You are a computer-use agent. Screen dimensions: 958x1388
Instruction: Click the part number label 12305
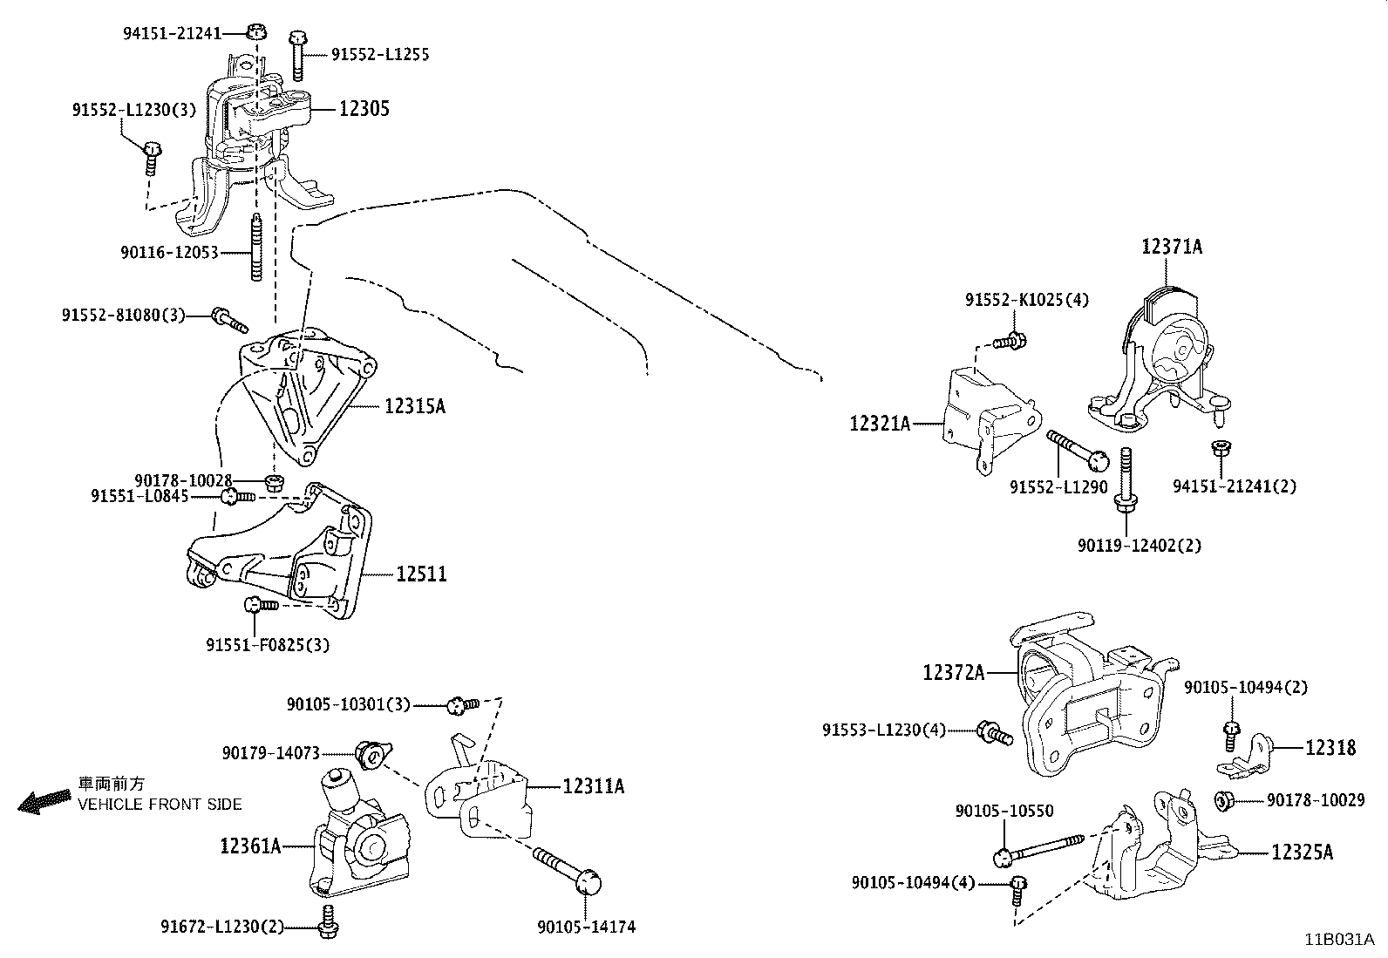point(364,109)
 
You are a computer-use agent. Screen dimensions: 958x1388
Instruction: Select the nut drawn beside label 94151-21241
point(255,32)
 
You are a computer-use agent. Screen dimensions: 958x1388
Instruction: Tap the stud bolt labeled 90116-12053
point(256,248)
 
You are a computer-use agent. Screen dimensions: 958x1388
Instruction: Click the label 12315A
point(414,405)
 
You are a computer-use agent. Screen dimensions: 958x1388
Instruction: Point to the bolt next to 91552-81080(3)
point(229,320)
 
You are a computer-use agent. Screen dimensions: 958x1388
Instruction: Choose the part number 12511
point(421,574)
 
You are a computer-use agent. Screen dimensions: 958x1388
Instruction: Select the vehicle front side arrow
point(44,801)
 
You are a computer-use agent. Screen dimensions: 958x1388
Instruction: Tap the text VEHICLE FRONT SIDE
point(160,805)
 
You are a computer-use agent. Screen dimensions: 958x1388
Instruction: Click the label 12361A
point(250,845)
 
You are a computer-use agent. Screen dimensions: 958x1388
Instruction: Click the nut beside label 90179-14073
point(373,753)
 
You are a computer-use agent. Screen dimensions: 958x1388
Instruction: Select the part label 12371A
point(1172,247)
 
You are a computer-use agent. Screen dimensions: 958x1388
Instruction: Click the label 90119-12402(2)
point(1139,546)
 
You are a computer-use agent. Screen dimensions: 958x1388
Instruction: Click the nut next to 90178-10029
point(1224,798)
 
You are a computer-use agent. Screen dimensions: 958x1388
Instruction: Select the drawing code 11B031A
point(1338,940)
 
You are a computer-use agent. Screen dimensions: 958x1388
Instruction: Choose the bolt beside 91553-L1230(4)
point(996,732)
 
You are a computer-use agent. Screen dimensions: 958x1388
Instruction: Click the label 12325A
point(1302,852)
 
